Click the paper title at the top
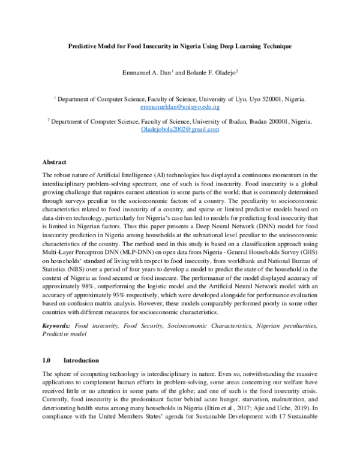pyautogui.click(x=179, y=46)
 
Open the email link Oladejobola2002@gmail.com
pyautogui.click(x=179, y=129)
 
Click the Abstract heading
pyautogui.click(x=54, y=162)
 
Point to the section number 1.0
pyautogui.click(x=47, y=360)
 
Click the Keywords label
pyautogui.click(x=56, y=325)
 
